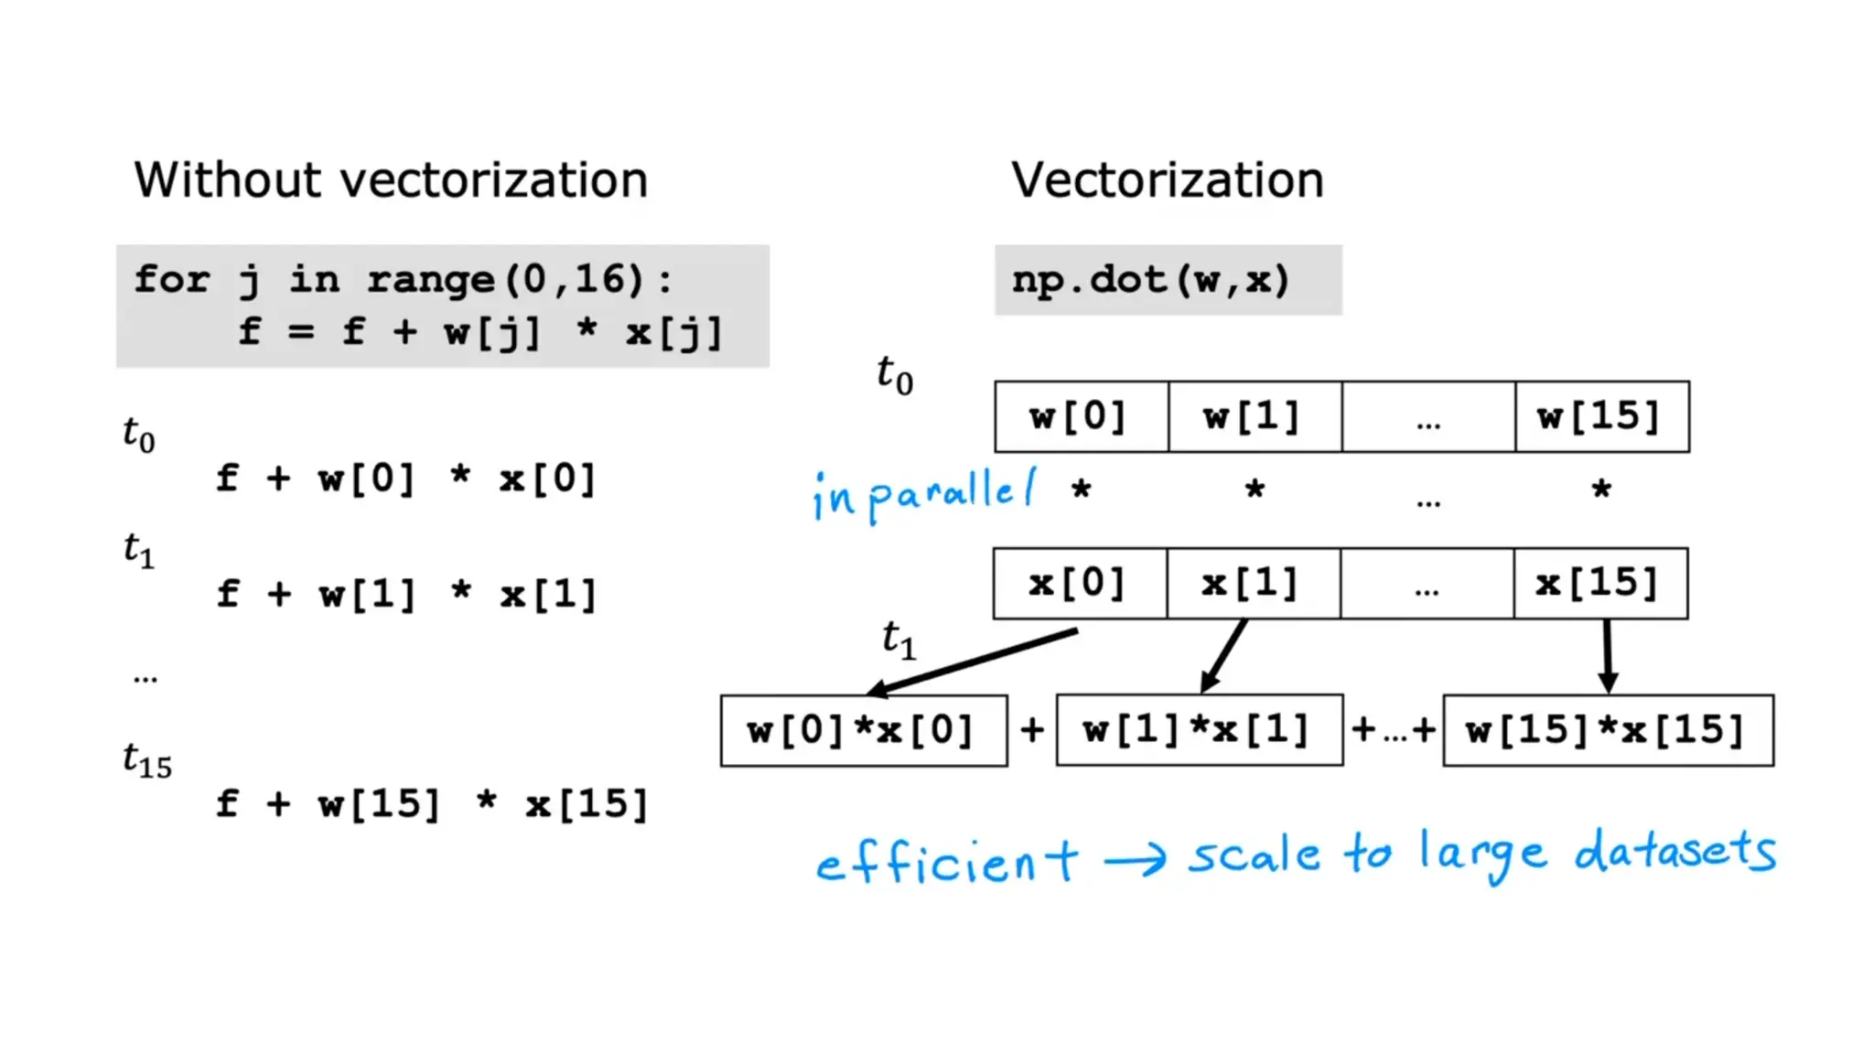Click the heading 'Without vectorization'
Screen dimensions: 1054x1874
click(x=391, y=179)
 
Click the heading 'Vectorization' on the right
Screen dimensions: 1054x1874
click(x=1167, y=179)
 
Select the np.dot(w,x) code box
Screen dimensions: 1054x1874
click(x=1168, y=280)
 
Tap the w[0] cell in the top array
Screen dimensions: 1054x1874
click(x=1081, y=417)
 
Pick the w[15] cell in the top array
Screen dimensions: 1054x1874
click(x=1601, y=417)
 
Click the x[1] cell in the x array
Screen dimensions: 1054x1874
click(x=1253, y=584)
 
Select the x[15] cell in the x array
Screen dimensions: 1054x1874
click(x=1600, y=584)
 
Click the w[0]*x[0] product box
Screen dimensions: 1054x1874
click(x=863, y=730)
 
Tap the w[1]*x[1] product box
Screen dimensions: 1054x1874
click(x=1199, y=730)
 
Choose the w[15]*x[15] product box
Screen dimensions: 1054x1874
click(x=1608, y=730)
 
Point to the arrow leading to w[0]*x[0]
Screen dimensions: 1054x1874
click(x=972, y=661)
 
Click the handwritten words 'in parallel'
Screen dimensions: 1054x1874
click(x=924, y=494)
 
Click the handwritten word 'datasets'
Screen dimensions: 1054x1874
click(x=1675, y=851)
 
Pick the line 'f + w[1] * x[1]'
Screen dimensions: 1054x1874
click(x=406, y=595)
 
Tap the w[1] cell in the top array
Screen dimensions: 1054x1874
click(x=1255, y=417)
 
